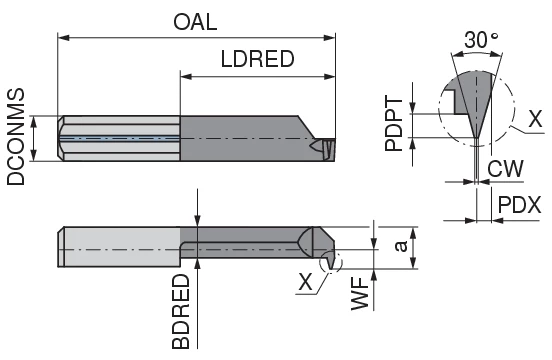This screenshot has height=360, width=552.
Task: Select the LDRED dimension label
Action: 256,59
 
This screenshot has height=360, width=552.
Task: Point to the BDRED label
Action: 181,311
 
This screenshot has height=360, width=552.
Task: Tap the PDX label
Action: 519,204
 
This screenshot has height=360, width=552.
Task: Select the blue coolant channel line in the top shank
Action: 120,138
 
